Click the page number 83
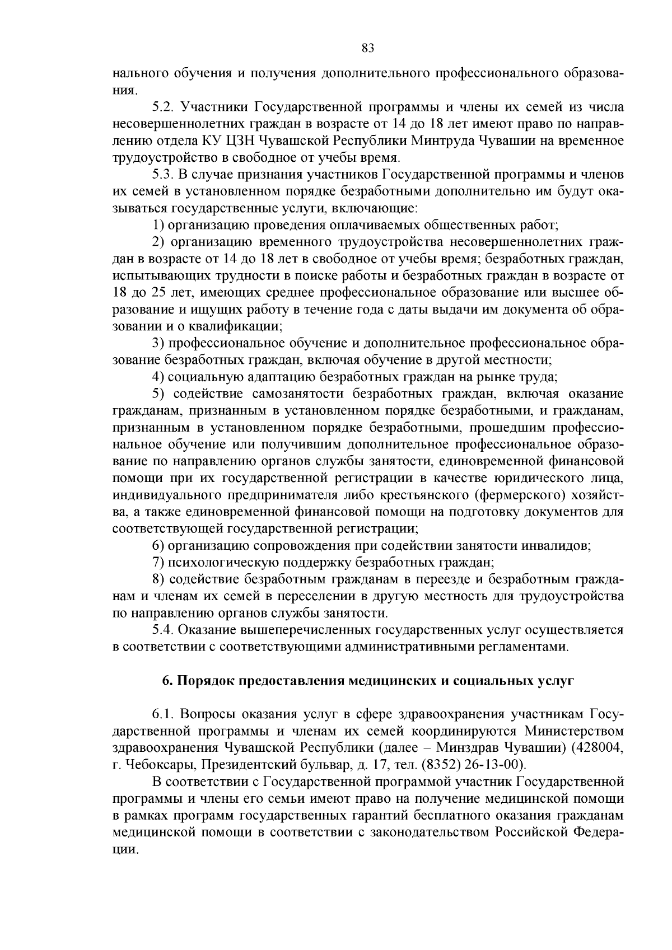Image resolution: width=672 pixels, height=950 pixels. [367, 48]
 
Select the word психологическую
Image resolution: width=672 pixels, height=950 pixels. [219, 562]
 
